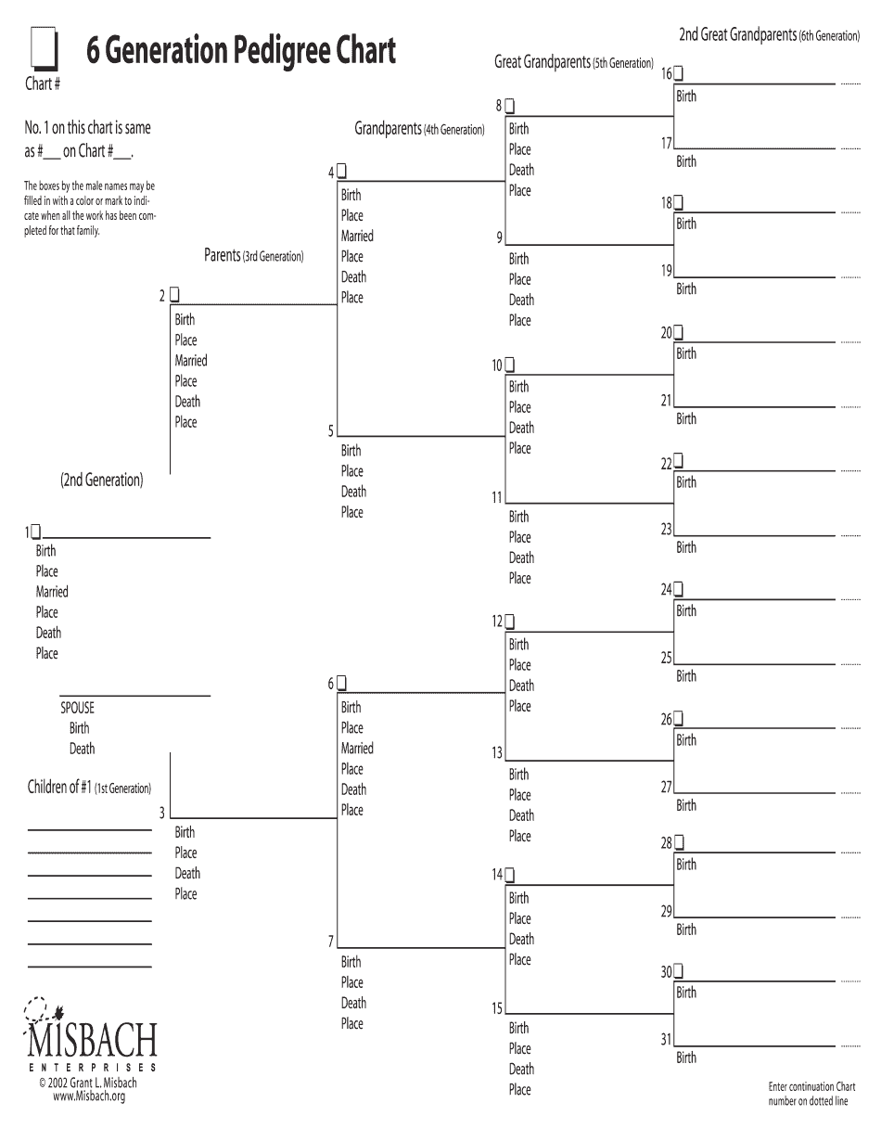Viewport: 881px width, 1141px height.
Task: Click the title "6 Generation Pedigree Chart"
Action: click(x=241, y=50)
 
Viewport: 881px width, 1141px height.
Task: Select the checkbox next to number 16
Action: click(x=680, y=72)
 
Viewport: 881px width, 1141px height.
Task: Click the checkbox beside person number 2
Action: click(x=174, y=294)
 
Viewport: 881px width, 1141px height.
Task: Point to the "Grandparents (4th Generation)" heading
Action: click(x=419, y=129)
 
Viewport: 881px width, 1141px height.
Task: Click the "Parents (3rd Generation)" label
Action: click(x=253, y=255)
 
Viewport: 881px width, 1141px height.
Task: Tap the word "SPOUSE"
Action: click(x=77, y=708)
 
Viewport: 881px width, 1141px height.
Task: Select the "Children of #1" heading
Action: click(x=89, y=788)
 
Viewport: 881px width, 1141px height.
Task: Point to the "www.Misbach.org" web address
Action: click(x=89, y=1096)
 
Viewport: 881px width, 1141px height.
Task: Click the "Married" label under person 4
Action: click(x=357, y=236)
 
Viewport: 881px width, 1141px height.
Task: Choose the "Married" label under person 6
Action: click(x=357, y=749)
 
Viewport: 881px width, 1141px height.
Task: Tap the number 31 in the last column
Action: click(x=666, y=1039)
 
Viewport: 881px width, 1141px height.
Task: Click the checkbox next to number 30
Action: click(x=680, y=971)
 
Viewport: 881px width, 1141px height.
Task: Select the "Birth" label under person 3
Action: click(x=185, y=832)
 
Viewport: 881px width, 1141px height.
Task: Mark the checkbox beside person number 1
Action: click(x=36, y=532)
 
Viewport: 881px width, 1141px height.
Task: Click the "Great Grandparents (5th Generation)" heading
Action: click(x=574, y=62)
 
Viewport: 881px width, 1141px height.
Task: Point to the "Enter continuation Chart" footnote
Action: click(x=811, y=1087)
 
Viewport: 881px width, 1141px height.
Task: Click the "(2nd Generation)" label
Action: click(x=102, y=481)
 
